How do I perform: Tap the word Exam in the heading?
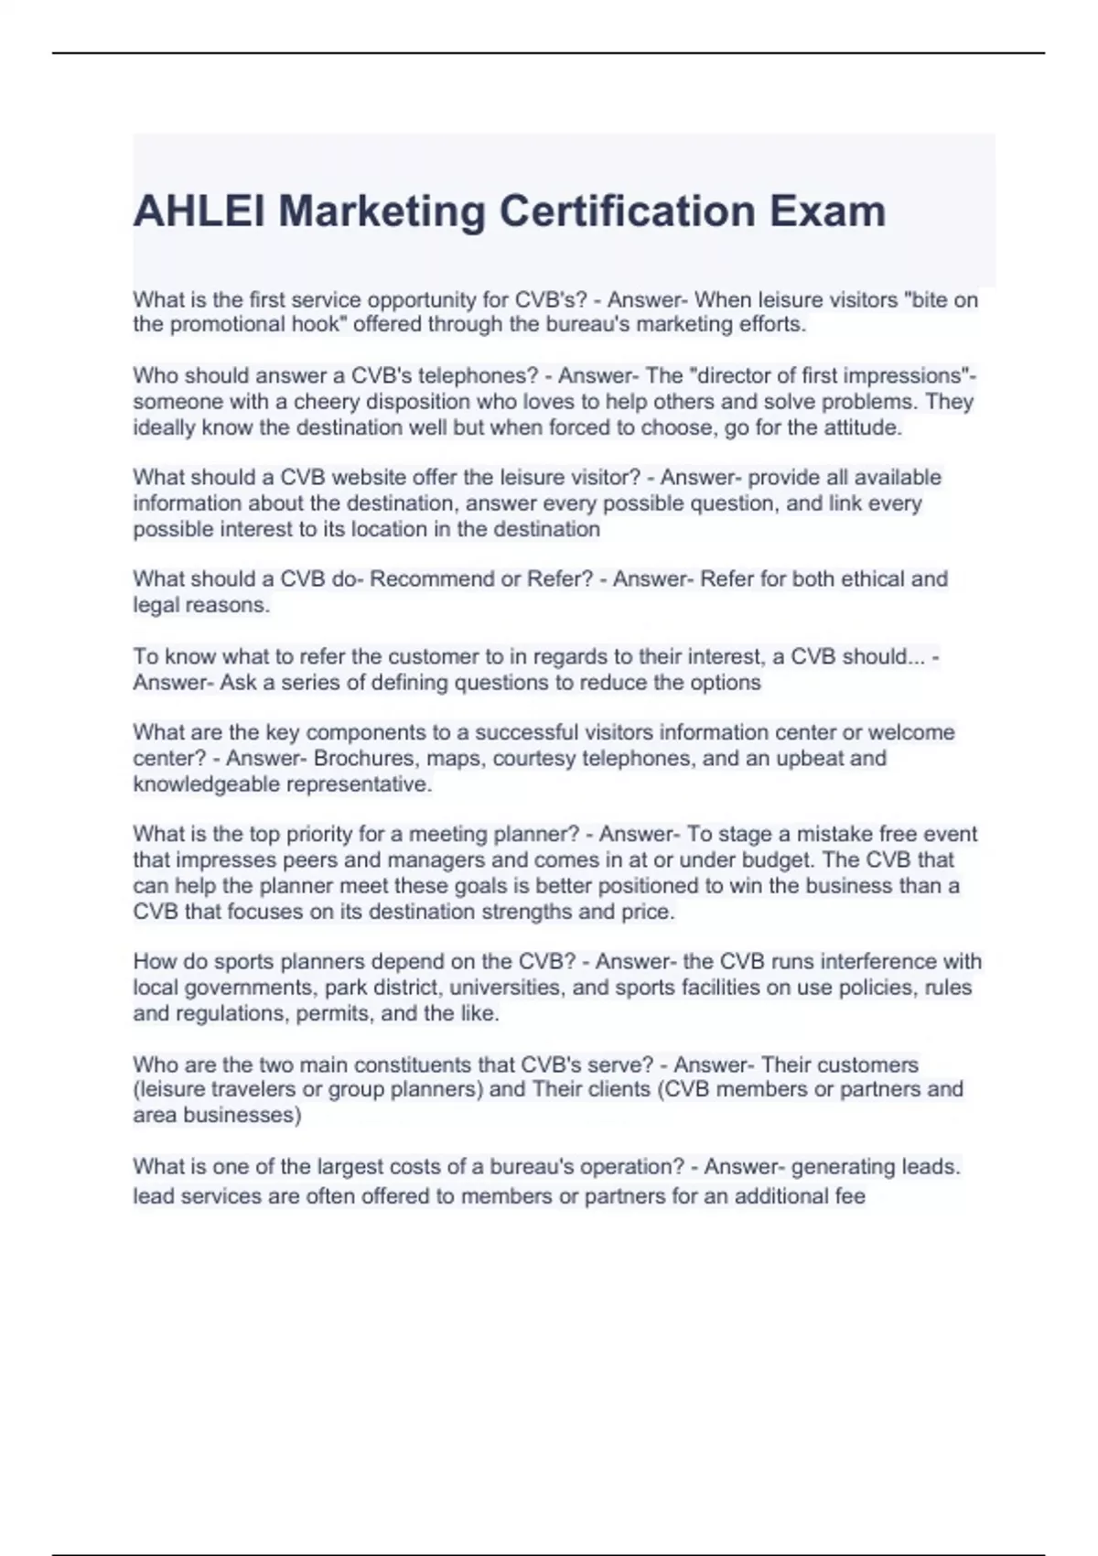point(827,211)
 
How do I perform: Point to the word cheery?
point(324,402)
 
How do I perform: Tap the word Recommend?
point(427,579)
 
